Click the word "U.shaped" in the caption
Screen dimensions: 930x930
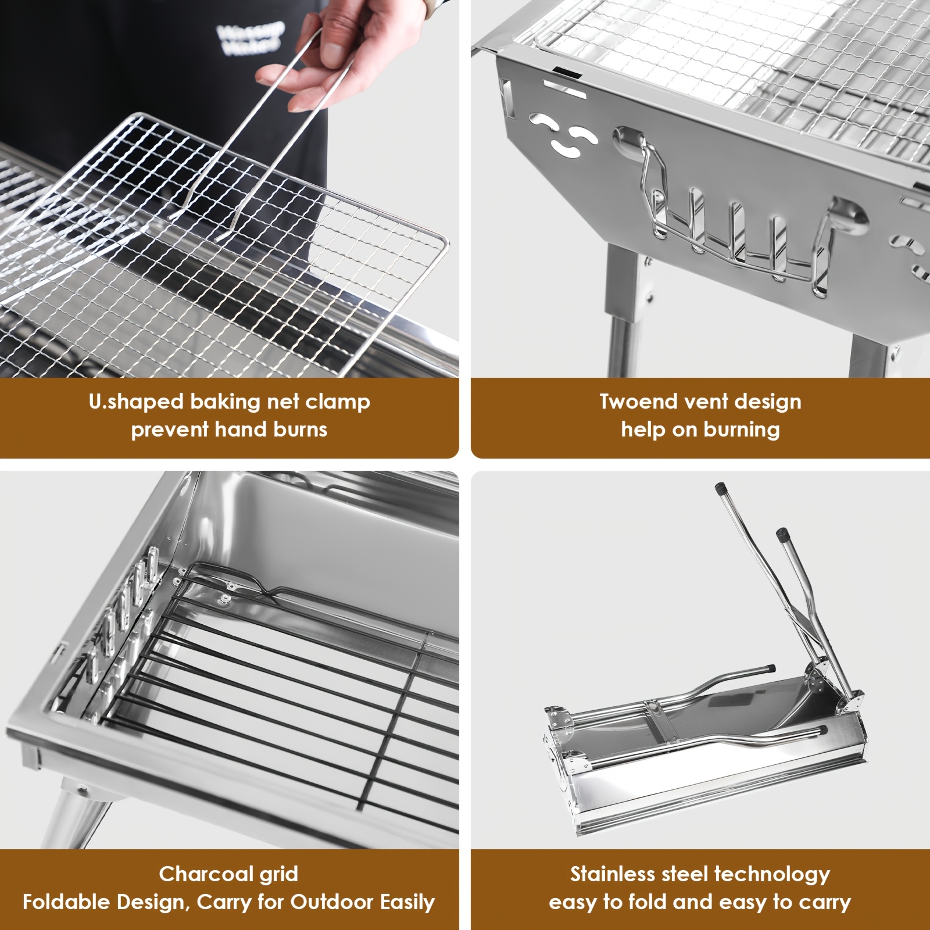(136, 402)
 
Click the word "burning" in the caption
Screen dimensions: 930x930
(742, 430)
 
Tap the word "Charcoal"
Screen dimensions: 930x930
(200, 874)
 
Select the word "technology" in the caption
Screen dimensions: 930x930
(772, 875)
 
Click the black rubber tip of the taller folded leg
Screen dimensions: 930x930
(721, 489)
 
